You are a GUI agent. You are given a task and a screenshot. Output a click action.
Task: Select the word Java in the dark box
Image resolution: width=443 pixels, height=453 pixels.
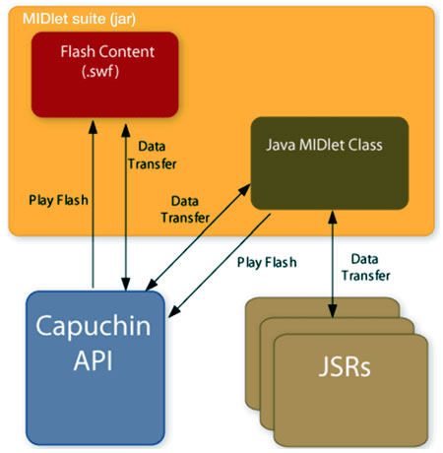click(x=281, y=145)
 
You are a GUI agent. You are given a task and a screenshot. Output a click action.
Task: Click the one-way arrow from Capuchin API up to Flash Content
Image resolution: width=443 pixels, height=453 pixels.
click(x=92, y=197)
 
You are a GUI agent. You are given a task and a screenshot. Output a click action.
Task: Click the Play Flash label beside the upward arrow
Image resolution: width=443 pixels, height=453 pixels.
click(x=57, y=199)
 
